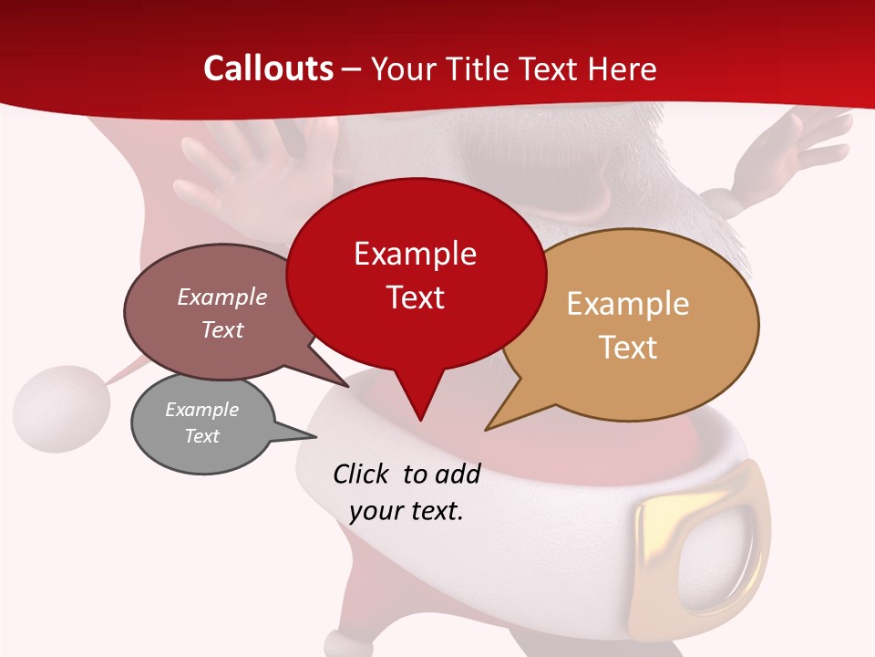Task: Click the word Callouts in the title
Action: (x=268, y=68)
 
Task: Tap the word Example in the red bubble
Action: (x=415, y=254)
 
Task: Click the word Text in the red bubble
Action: (x=416, y=297)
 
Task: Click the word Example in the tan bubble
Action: (x=628, y=304)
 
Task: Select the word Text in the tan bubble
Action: (x=629, y=348)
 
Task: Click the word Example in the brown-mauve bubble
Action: (x=222, y=297)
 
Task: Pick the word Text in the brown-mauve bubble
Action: (x=222, y=329)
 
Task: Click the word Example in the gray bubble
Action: (x=202, y=410)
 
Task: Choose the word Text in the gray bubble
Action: (x=202, y=436)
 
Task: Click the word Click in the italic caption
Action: (x=362, y=474)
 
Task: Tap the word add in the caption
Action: (x=457, y=474)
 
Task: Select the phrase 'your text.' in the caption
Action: (x=407, y=511)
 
